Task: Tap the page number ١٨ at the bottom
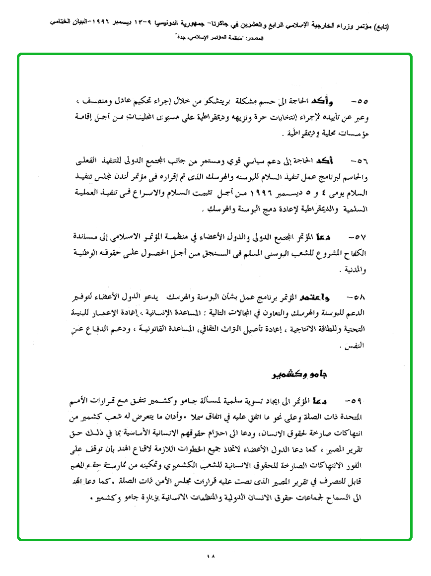coord(212,556)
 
